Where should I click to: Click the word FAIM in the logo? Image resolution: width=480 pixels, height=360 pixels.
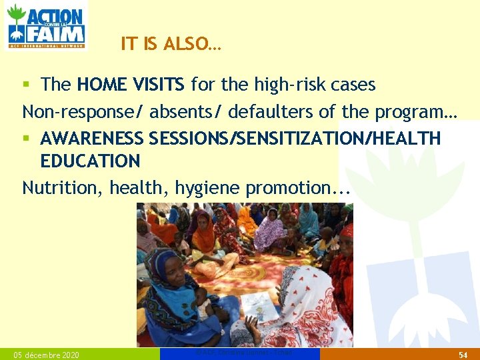tap(56, 33)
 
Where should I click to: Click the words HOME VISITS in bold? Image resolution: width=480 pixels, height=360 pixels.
tap(131, 85)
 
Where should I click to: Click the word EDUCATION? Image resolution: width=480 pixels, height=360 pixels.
tap(90, 161)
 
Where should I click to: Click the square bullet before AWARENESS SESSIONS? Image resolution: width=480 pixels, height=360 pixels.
tap(26, 139)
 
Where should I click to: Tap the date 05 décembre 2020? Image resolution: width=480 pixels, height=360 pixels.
tap(46, 355)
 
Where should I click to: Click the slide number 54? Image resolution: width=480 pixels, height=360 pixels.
tap(463, 355)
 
